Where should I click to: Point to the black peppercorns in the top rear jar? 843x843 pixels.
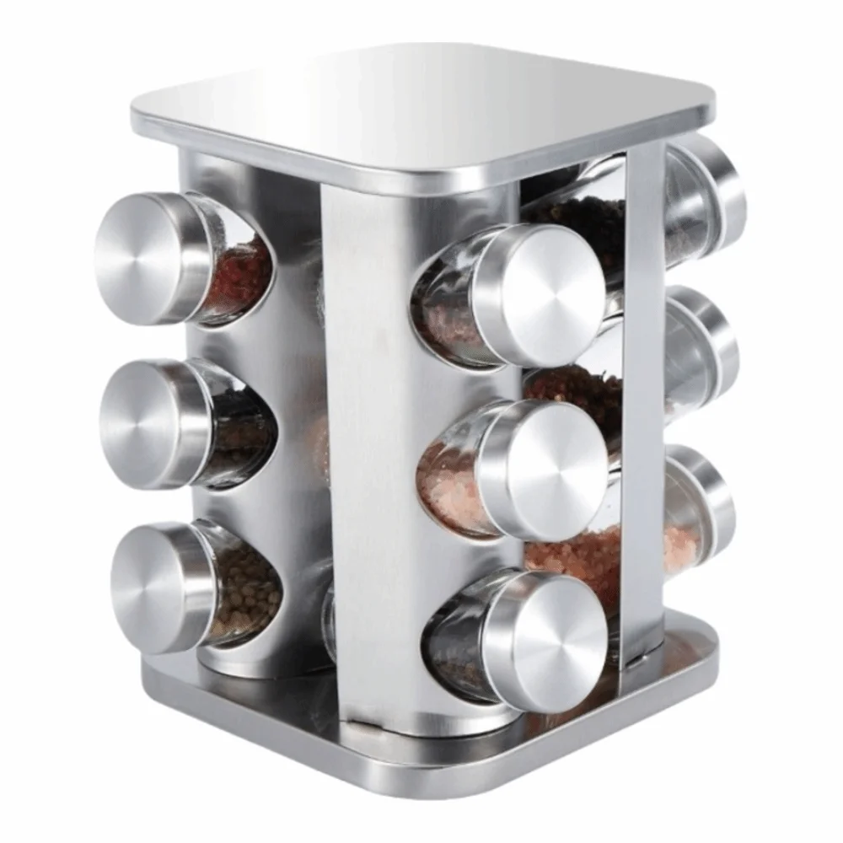click(x=582, y=219)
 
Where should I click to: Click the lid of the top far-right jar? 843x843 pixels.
click(x=721, y=194)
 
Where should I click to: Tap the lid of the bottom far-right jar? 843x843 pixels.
click(x=712, y=506)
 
